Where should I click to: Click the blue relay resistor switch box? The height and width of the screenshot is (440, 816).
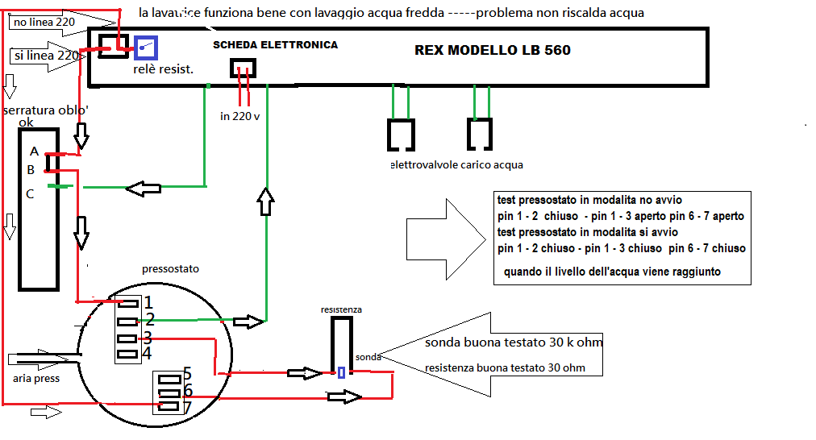point(145,49)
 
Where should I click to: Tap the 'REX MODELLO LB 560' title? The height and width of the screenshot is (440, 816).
point(492,50)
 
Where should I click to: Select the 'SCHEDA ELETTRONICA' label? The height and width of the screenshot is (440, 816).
point(275,45)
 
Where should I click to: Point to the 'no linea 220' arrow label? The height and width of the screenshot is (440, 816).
point(44,22)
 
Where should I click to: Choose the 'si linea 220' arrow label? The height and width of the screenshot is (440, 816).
point(46,56)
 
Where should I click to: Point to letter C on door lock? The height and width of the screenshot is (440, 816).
point(31,193)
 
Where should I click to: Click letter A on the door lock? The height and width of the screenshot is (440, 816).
point(34,151)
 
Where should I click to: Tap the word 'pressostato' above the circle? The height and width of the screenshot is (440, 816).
point(169,268)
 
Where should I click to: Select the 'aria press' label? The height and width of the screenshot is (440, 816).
point(36,378)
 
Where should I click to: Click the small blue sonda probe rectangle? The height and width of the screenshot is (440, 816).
point(342,372)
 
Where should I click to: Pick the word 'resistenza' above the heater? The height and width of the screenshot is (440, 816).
point(341,309)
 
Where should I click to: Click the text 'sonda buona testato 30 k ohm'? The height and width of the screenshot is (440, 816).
point(514,343)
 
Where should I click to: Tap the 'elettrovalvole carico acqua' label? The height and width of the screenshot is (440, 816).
point(456,164)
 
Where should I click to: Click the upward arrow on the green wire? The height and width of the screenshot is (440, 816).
point(265,201)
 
